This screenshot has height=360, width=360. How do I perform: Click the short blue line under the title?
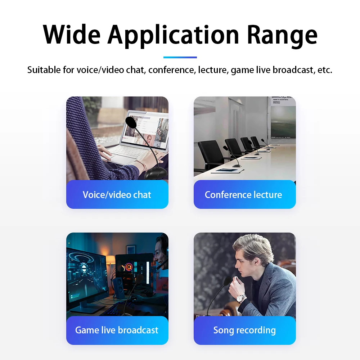point(180,57)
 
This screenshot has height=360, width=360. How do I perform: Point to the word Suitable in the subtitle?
point(44,69)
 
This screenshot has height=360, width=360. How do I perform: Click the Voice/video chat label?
point(117,195)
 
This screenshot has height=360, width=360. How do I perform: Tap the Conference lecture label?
point(243,195)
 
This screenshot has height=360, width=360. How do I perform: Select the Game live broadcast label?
point(117,330)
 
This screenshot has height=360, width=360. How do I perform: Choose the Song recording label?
point(244,330)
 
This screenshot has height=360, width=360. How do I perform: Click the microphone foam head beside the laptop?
point(131,122)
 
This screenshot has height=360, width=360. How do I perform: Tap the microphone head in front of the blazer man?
point(228,281)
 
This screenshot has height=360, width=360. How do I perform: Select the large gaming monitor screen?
point(86,275)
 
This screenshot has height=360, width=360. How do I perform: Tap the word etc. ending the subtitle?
point(325,69)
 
